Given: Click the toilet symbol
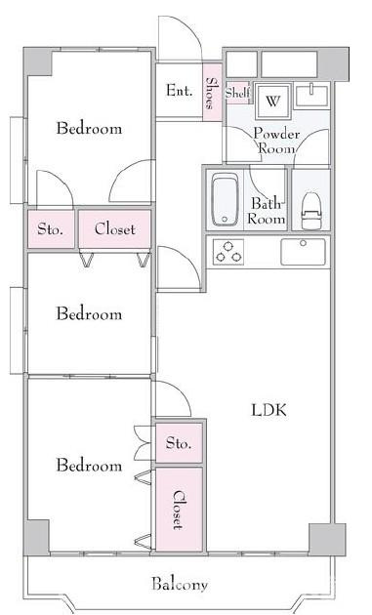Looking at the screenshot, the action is [311, 211].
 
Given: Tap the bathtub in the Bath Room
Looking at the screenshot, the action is [224, 200].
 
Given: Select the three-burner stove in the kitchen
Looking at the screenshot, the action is [228, 252].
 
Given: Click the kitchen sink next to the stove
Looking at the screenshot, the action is [303, 252].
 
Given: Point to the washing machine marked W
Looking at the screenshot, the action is [272, 101].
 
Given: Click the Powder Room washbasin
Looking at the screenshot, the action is [312, 96].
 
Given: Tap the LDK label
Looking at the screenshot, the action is [269, 410].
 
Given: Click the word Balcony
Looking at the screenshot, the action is [180, 585].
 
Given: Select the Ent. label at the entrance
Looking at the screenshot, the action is [180, 91].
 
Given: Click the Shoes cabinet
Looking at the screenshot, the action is [212, 93].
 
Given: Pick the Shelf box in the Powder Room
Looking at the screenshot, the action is [238, 94].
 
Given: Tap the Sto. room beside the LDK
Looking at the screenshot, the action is [179, 443].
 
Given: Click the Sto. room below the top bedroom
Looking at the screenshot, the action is [51, 229].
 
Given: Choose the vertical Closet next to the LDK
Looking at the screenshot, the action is [179, 510].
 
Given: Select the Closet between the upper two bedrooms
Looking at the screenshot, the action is [115, 229].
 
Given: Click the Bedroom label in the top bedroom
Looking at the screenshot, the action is [89, 128].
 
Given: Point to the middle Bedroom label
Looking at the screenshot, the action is [89, 313].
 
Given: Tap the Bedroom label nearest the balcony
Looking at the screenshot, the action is [89, 466].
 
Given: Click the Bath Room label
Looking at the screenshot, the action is [267, 211].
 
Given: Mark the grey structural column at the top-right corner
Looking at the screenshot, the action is [333, 64].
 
